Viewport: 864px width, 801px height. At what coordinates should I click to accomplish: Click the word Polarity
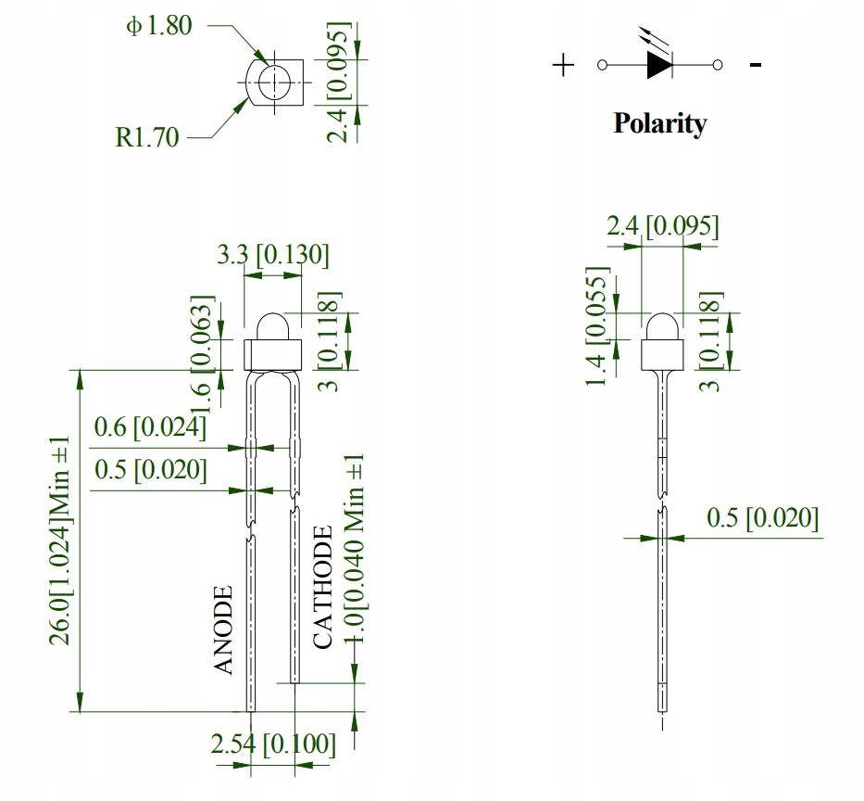pos(659,123)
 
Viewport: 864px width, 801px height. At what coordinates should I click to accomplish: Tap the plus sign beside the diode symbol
pos(563,65)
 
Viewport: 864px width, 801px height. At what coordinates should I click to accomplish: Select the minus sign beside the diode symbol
pos(756,65)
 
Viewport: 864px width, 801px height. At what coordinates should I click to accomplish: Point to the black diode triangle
pos(658,65)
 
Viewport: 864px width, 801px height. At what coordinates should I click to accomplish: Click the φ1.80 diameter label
pos(158,25)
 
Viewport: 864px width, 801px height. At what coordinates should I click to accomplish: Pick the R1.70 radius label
pos(147,138)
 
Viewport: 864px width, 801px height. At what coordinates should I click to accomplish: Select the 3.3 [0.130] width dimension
pos(272,255)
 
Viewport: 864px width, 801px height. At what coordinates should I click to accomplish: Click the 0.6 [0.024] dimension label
pos(149,427)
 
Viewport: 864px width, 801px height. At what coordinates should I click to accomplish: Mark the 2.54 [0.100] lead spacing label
pos(272,744)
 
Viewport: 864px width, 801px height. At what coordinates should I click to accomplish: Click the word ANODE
pos(224,630)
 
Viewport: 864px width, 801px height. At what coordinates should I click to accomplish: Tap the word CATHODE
pos(322,587)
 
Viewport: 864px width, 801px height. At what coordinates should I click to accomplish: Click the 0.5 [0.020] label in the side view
pos(762,518)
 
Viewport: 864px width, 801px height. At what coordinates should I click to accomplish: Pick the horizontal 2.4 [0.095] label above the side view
pos(662,226)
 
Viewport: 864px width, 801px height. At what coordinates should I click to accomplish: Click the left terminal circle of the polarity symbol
pos(603,65)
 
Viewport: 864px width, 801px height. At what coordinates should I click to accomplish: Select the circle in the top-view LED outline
pos(274,83)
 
